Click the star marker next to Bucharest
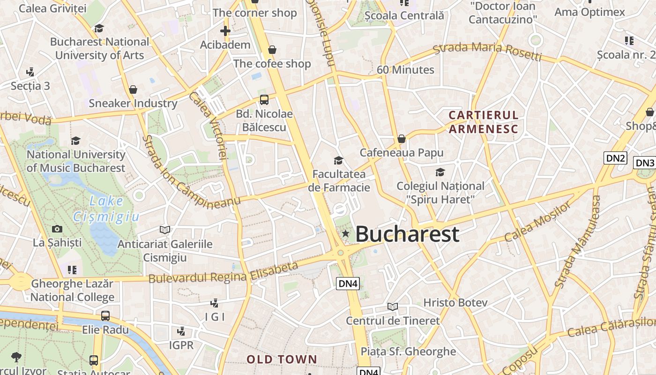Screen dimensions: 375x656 point(346,233)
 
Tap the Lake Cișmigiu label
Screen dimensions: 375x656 point(106,209)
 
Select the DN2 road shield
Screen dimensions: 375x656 point(616,158)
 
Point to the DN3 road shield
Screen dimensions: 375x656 point(644,163)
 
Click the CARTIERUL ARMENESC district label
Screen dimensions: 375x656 point(484,122)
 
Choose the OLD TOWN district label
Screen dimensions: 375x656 point(282,360)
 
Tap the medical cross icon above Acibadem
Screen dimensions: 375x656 point(225,31)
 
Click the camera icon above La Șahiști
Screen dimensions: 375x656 point(57,229)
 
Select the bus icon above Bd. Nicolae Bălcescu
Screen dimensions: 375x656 point(264,99)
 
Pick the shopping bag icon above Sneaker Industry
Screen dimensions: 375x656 point(133,89)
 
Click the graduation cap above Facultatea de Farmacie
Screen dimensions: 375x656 point(338,161)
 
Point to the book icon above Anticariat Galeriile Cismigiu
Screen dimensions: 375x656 point(164,230)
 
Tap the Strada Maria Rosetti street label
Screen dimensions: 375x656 point(487,52)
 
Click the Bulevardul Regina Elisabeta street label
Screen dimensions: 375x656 point(224,273)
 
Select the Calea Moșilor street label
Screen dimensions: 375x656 point(538,221)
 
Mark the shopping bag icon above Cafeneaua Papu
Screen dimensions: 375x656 point(401,139)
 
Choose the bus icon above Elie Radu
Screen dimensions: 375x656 point(105,315)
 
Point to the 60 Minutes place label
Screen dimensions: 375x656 point(406,70)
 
